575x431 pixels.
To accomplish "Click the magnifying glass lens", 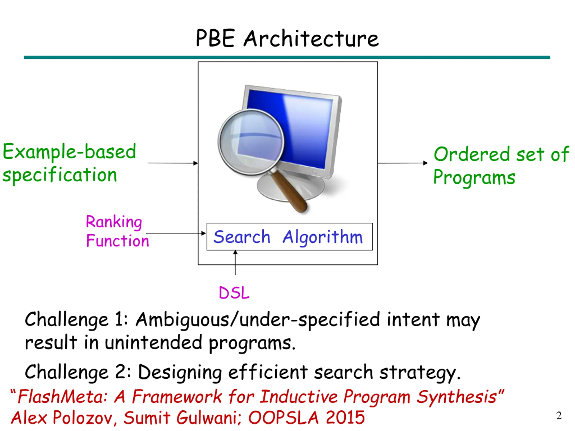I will tap(251, 142).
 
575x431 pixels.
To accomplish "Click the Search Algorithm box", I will tap(289, 237).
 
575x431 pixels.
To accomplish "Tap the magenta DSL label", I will tap(234, 293).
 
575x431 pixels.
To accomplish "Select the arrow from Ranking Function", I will tap(176, 233).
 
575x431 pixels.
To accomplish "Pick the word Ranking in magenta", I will tap(114, 222).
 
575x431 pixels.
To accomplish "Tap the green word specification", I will tap(60, 175).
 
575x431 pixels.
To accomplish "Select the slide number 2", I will tap(559, 416).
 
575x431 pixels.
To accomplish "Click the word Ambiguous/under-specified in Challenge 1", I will tap(258, 320).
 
